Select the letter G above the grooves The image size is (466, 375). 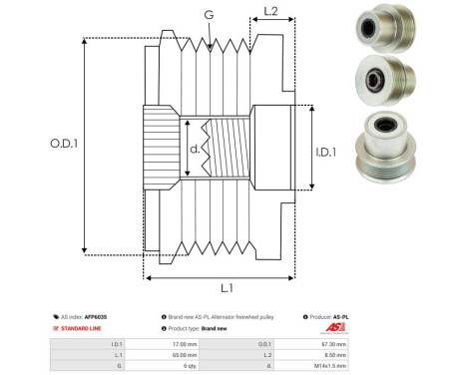coord(208,14)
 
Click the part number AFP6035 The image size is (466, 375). coord(96,316)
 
